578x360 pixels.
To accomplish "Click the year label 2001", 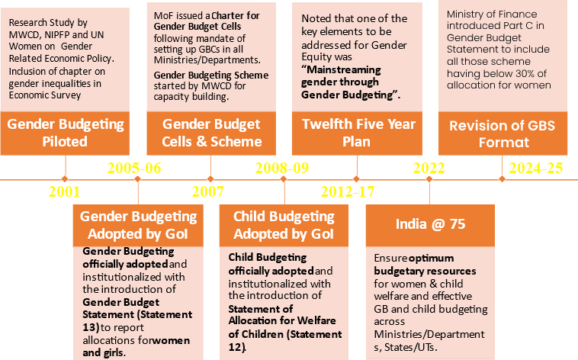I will tap(64, 191).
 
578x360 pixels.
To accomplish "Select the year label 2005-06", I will tap(135, 169).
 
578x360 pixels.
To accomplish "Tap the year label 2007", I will tap(208, 191).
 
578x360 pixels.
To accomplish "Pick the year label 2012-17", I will tap(348, 191).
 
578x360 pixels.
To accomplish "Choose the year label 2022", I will tap(429, 169).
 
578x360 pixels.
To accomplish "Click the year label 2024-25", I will tap(535, 169).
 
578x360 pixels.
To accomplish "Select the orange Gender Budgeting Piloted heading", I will tap(65, 133).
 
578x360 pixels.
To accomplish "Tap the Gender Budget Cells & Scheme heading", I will tap(211, 133).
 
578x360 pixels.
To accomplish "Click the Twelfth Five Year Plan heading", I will tap(358, 133).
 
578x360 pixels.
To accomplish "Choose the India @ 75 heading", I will tap(429, 224).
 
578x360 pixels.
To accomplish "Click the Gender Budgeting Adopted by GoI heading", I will tap(138, 225).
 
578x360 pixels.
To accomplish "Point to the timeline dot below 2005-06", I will tap(138, 180).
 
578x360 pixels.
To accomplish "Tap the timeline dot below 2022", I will tap(429, 180).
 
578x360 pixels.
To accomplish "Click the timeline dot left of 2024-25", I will tap(502, 180).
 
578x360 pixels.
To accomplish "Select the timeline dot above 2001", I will tap(65, 180).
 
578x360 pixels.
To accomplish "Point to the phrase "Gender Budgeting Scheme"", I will tap(211, 75).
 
